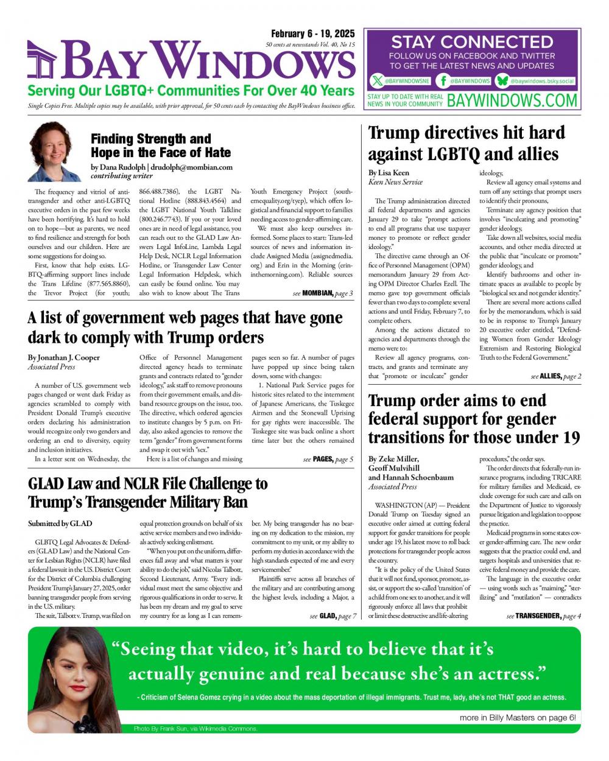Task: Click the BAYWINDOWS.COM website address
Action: pyautogui.click(x=512, y=100)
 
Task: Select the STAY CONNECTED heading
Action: pyautogui.click(x=471, y=42)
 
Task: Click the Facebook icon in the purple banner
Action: pyautogui.click(x=444, y=80)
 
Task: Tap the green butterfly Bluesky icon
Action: pyautogui.click(x=502, y=80)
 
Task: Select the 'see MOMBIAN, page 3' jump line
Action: pyautogui.click(x=322, y=293)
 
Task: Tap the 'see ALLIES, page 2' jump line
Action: pyautogui.click(x=555, y=376)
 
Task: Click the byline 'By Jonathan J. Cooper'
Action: pyautogui.click(x=64, y=357)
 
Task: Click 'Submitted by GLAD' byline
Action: pyautogui.click(x=60, y=524)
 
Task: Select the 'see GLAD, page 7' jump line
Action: pyautogui.click(x=333, y=616)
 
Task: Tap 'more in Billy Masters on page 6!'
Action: pyautogui.click(x=517, y=717)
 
